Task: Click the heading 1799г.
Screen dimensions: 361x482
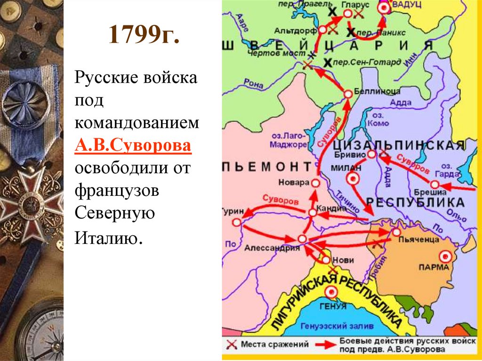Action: click(144, 36)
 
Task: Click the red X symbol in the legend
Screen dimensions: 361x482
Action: click(231, 345)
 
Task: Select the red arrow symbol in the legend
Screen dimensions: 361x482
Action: click(323, 345)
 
